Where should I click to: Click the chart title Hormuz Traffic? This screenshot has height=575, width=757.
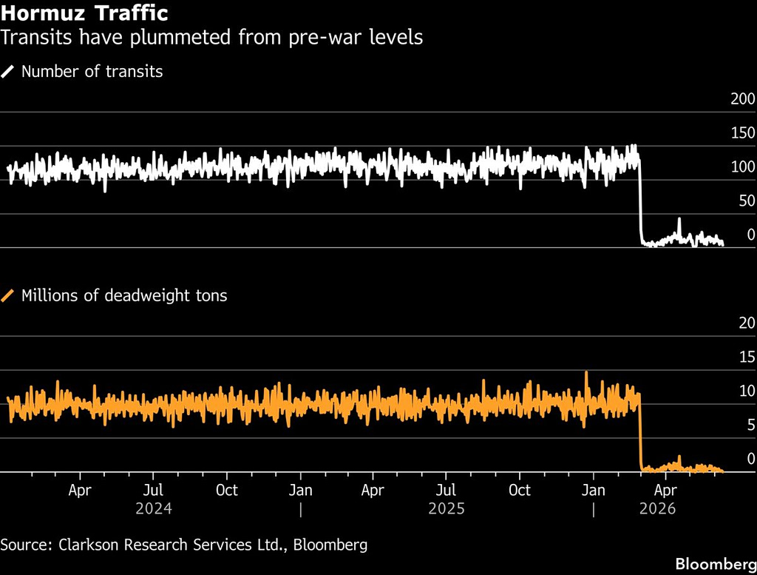[84, 13]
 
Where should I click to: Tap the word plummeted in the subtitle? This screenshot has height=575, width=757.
[180, 37]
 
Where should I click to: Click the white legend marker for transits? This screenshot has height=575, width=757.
[7, 72]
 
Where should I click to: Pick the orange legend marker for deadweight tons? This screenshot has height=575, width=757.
[7, 296]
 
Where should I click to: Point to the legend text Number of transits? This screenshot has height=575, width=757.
[92, 72]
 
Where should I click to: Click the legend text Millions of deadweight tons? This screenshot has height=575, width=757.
[124, 296]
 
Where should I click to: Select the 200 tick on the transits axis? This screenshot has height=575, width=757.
[742, 99]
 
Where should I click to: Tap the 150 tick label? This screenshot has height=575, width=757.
[742, 133]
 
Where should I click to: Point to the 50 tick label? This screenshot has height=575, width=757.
[747, 201]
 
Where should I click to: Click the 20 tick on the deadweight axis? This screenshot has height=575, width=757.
[747, 323]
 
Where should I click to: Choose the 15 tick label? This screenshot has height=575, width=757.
[747, 357]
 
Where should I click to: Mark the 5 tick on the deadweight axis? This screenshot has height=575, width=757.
[751, 425]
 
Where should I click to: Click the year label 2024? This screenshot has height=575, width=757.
[154, 509]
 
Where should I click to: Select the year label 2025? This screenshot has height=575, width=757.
[447, 509]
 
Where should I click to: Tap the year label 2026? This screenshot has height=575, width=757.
[657, 509]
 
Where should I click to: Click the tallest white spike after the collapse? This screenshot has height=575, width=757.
[679, 219]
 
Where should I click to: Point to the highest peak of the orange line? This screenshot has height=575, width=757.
[586, 372]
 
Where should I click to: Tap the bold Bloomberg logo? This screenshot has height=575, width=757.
[716, 564]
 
